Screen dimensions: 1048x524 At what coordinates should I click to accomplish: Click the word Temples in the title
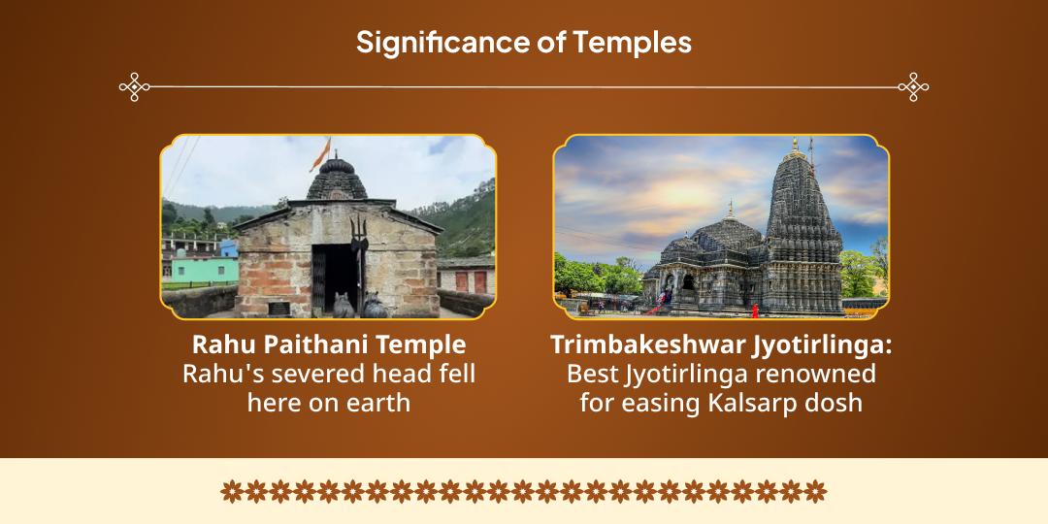(633, 42)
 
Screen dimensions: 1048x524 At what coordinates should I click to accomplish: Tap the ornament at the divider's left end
(134, 87)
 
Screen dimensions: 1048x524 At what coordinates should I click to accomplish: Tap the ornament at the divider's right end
(913, 87)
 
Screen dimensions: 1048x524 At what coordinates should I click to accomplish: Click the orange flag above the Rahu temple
(321, 154)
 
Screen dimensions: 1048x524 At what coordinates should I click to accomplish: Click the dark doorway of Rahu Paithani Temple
(336, 278)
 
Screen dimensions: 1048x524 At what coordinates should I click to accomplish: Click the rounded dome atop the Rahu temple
(338, 179)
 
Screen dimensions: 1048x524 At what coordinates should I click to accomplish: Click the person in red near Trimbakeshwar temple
(755, 311)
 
